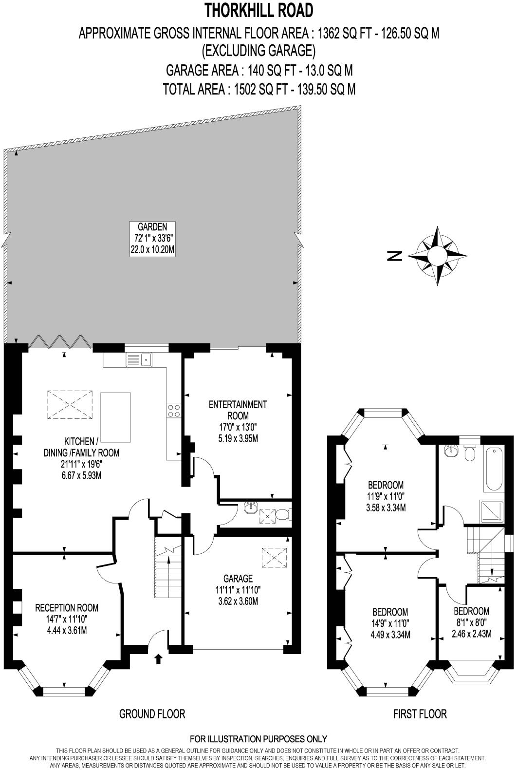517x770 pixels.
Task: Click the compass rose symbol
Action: [x=437, y=255]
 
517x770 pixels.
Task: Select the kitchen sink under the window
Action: [x=139, y=360]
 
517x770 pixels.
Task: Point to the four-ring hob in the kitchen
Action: [x=174, y=411]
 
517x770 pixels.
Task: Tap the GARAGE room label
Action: [x=238, y=590]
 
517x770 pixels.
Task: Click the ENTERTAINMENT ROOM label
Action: [x=238, y=421]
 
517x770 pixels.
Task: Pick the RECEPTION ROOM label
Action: [x=67, y=619]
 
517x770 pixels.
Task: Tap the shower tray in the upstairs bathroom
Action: [x=491, y=511]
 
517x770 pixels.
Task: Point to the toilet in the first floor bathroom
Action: [x=470, y=453]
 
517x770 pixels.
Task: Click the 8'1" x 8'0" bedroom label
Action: [x=471, y=622]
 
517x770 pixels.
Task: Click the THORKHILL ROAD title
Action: [x=258, y=10]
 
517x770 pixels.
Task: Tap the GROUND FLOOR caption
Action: [x=152, y=714]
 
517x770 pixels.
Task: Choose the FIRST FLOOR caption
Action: [x=420, y=714]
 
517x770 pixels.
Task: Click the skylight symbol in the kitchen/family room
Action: [x=70, y=404]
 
